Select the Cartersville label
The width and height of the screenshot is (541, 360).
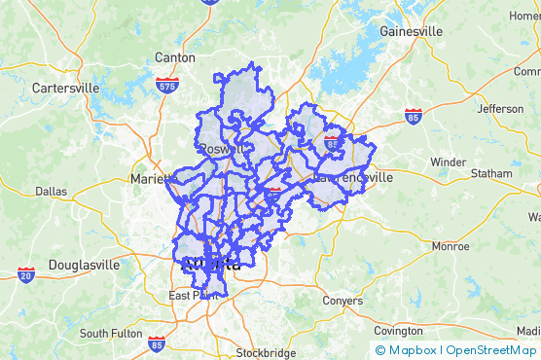point(65,88)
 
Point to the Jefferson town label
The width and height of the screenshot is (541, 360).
point(500,108)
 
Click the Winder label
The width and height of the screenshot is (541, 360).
point(448,162)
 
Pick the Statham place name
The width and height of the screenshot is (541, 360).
point(491,173)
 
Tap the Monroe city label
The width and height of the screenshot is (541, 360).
point(449,246)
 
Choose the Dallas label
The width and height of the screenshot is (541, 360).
point(51,192)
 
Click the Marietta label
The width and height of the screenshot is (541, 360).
point(151,179)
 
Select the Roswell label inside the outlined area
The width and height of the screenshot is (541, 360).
point(222,149)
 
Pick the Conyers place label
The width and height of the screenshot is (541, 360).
point(342,301)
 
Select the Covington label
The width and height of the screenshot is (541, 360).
point(398,331)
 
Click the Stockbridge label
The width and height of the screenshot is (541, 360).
point(266,352)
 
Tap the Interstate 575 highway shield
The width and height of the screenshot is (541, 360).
point(166,86)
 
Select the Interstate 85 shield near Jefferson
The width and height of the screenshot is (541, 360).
point(414,115)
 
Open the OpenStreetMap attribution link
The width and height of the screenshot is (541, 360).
point(491,350)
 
